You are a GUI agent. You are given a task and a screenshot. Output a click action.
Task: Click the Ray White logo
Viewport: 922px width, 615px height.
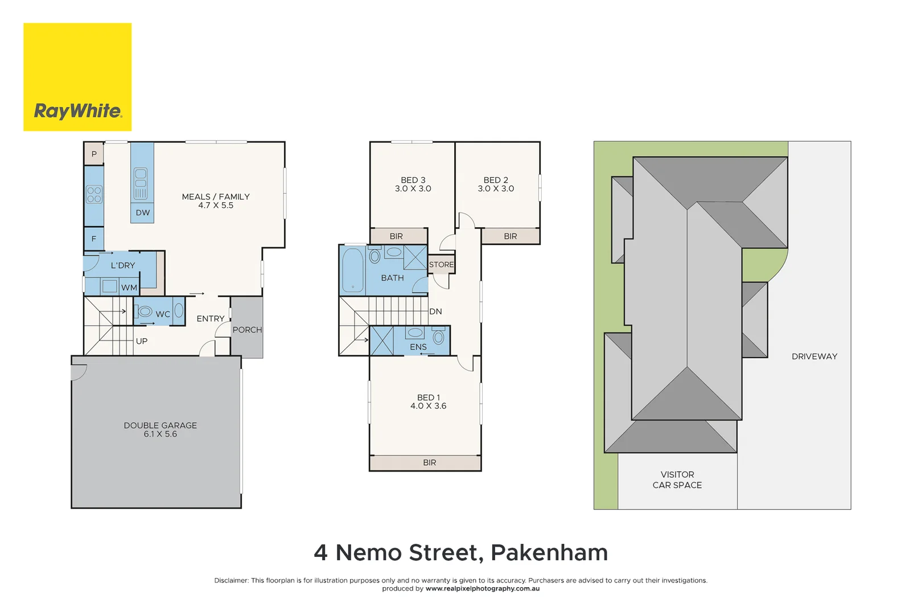click(x=77, y=77)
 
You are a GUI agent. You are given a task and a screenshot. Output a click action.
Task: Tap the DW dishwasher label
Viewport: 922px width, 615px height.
click(x=143, y=213)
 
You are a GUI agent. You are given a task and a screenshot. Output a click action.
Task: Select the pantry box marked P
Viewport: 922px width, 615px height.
click(x=94, y=154)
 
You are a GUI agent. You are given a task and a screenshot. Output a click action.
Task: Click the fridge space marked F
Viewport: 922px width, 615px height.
click(x=94, y=239)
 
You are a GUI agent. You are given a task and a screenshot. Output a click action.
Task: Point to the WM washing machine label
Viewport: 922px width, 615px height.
click(x=129, y=288)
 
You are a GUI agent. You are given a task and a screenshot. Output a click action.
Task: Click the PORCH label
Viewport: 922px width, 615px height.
click(x=247, y=330)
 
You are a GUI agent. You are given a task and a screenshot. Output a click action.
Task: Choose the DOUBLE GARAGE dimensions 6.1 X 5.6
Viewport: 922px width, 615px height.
click(x=160, y=434)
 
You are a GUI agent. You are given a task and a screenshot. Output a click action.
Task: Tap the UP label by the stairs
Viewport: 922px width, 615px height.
click(x=142, y=341)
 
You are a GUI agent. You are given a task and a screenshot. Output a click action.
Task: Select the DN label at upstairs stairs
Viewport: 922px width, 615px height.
click(x=435, y=311)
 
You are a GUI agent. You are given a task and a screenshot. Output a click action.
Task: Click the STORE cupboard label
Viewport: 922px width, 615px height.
click(x=441, y=265)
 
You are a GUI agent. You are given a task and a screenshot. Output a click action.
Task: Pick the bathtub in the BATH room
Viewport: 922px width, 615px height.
click(x=353, y=270)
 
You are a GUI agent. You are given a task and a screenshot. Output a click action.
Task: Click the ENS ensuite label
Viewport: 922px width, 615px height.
click(x=418, y=347)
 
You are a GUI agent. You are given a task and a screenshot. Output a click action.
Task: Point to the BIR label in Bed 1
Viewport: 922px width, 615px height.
click(x=430, y=463)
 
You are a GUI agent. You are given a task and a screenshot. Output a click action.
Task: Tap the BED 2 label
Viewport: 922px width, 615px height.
click(x=496, y=180)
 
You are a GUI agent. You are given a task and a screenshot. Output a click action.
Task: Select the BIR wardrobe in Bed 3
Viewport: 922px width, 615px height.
click(x=397, y=236)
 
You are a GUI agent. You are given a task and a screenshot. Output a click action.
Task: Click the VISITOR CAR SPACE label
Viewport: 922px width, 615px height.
click(x=677, y=479)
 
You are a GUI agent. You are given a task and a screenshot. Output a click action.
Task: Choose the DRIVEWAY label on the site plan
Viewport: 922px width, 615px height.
click(x=814, y=356)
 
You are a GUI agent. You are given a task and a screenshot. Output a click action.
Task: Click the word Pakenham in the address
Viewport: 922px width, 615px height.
click(x=549, y=553)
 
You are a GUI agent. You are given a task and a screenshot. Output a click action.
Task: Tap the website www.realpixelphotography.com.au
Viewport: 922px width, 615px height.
click(x=483, y=589)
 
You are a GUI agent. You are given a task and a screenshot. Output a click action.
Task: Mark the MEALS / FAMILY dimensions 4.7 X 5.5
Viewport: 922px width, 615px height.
click(x=216, y=206)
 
